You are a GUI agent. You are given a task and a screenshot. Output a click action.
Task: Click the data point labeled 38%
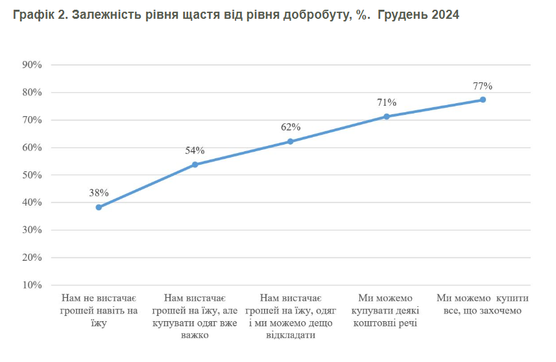pos(99,208)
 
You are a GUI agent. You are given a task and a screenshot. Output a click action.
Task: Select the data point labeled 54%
pos(195,165)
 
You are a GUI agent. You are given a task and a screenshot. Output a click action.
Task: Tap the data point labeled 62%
pos(291,141)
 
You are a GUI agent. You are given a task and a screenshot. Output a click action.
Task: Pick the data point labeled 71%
pos(387,117)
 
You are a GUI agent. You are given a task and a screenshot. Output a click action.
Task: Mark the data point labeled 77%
pos(483,100)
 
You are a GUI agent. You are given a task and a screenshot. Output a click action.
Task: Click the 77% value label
pos(483,86)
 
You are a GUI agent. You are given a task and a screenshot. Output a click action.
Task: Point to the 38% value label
pos(99,193)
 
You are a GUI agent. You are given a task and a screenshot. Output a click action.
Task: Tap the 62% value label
pos(291,127)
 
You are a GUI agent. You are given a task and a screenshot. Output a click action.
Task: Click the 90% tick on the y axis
pos(32,65)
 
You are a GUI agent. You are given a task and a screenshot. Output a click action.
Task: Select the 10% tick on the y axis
pos(32,285)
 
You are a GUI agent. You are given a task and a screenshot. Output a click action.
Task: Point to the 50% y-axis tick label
pos(32,175)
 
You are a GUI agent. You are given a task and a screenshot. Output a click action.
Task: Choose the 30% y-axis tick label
pos(32,230)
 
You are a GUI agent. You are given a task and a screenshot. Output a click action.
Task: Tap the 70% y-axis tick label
pos(32,120)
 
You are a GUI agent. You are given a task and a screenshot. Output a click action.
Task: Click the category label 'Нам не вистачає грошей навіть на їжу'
pos(99,310)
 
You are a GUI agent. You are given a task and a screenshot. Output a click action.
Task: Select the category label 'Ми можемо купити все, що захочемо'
pos(483,304)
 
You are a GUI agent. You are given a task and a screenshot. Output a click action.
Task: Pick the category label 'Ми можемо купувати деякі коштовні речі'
pos(387,310)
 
